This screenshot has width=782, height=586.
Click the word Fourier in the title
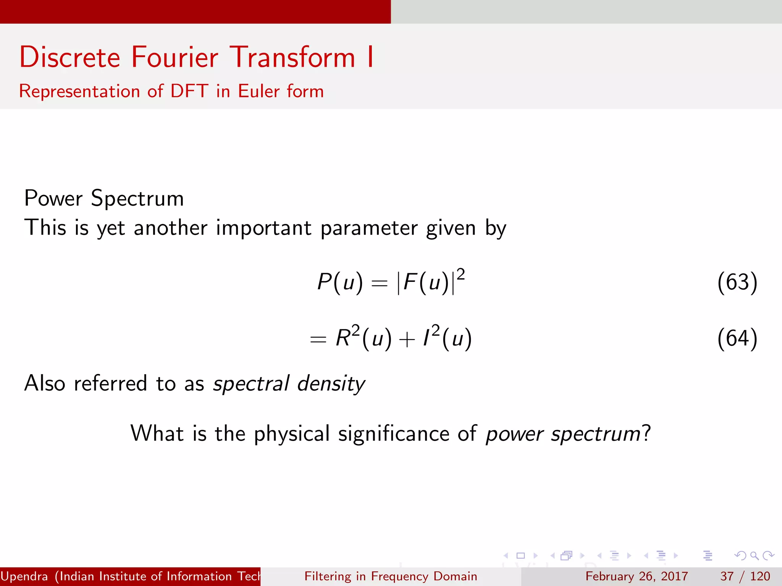[174, 57]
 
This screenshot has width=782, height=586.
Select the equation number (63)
[737, 282]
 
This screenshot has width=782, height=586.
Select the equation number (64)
[737, 338]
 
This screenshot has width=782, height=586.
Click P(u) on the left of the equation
[340, 282]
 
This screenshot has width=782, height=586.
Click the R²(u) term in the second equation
[363, 338]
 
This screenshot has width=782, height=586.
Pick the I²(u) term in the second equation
[447, 338]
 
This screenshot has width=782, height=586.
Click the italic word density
[331, 383]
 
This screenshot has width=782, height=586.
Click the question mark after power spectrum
[646, 434]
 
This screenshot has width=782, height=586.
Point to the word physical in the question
[292, 434]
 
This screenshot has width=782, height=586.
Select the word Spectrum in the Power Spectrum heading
[137, 199]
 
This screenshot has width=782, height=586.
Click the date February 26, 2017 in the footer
[637, 576]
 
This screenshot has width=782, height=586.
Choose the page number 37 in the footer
[727, 576]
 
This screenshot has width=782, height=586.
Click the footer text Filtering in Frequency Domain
[391, 576]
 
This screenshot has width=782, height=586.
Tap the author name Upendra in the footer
[24, 576]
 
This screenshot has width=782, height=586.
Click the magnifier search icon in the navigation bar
[754, 556]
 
